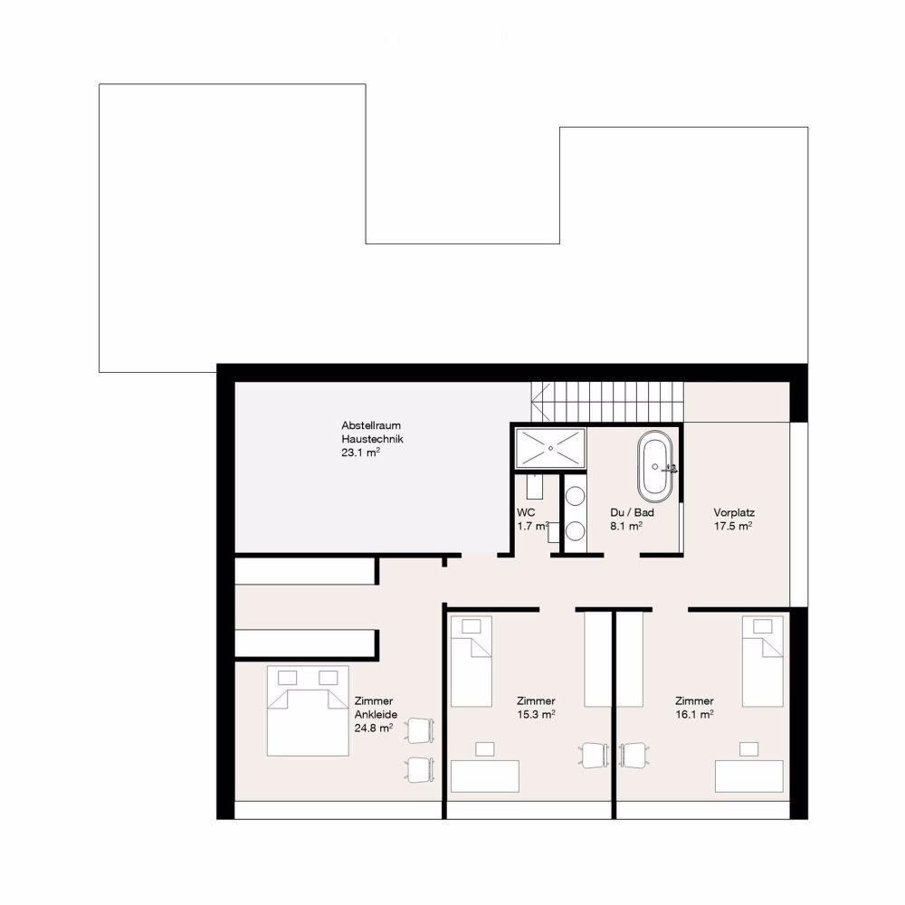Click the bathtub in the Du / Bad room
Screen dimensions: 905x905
[x=655, y=465]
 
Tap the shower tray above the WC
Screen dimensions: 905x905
[x=550, y=448]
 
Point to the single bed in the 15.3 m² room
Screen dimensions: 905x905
[x=471, y=662]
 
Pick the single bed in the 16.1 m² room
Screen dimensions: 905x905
[x=762, y=662]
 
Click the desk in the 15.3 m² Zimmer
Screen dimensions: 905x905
[x=485, y=776]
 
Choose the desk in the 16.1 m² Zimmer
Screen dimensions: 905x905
[x=748, y=776]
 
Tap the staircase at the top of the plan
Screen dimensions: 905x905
[x=606, y=397]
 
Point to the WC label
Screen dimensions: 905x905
[x=527, y=512]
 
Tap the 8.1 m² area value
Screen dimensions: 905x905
[x=626, y=526]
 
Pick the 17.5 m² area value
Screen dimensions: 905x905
[x=733, y=526]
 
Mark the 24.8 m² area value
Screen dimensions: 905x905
[x=373, y=728]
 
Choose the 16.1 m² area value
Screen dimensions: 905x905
[x=694, y=714]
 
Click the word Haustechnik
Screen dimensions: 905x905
[x=373, y=439]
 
